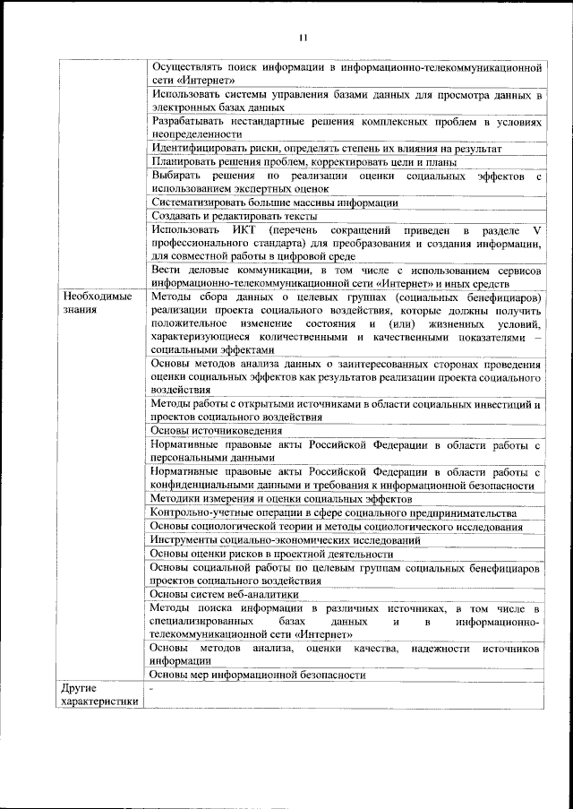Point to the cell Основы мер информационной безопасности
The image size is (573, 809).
click(x=258, y=674)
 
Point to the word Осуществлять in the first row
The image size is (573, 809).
click(x=185, y=67)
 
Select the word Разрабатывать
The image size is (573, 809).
click(x=188, y=120)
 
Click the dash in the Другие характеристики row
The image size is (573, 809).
click(x=153, y=688)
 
